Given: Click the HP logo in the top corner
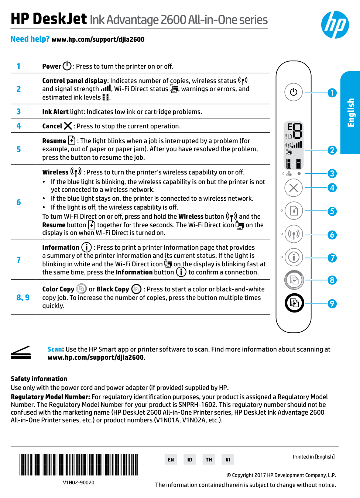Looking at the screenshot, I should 335,25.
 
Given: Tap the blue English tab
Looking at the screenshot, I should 350,113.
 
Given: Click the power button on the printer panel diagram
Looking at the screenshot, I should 294,92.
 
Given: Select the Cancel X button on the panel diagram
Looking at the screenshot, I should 294,188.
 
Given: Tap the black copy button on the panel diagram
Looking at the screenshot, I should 294,303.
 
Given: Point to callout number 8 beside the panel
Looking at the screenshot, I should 332,280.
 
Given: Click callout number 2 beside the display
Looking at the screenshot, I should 332,150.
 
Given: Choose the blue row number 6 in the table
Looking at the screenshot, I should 18,202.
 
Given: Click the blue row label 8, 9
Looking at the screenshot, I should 23,297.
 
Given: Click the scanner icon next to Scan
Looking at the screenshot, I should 21,353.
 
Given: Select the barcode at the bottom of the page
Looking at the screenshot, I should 78,464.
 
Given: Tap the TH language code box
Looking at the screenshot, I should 209,460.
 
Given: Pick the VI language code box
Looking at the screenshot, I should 228,460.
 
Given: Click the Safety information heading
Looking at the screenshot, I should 39,379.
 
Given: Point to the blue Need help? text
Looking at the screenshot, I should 30,39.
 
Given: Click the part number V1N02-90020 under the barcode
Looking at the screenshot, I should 79,483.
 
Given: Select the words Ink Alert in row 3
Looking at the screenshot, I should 55,112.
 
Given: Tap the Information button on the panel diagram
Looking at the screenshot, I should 294,257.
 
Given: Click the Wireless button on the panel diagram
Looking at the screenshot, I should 294,234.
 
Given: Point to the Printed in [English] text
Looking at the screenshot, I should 313,457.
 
